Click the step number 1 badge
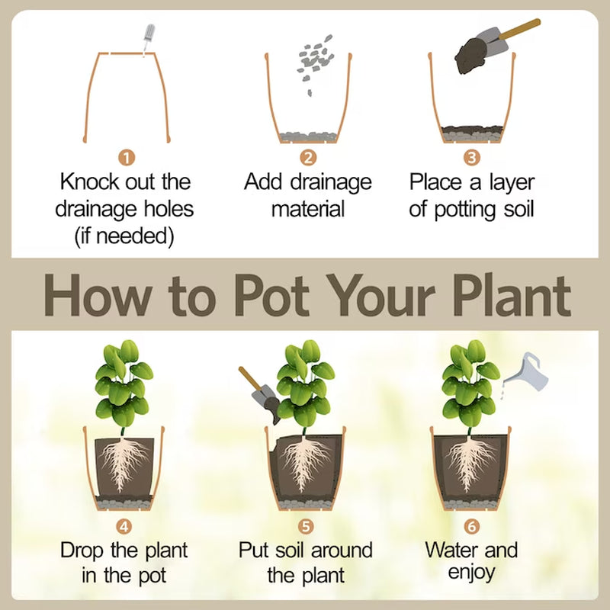pos(127,158)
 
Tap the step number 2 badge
pos(308,158)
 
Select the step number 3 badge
pos(472,158)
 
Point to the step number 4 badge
pos(124,527)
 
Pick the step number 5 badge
pos(306,526)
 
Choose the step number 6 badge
pos(471,526)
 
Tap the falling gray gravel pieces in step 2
pos(314,63)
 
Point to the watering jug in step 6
pos(526,371)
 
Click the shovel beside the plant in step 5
pos(260,394)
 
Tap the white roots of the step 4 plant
pos(124,463)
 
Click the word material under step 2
pos(308,209)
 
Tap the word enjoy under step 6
pos(471,573)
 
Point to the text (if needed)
pos(124,236)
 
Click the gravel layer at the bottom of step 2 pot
pos(309,136)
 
